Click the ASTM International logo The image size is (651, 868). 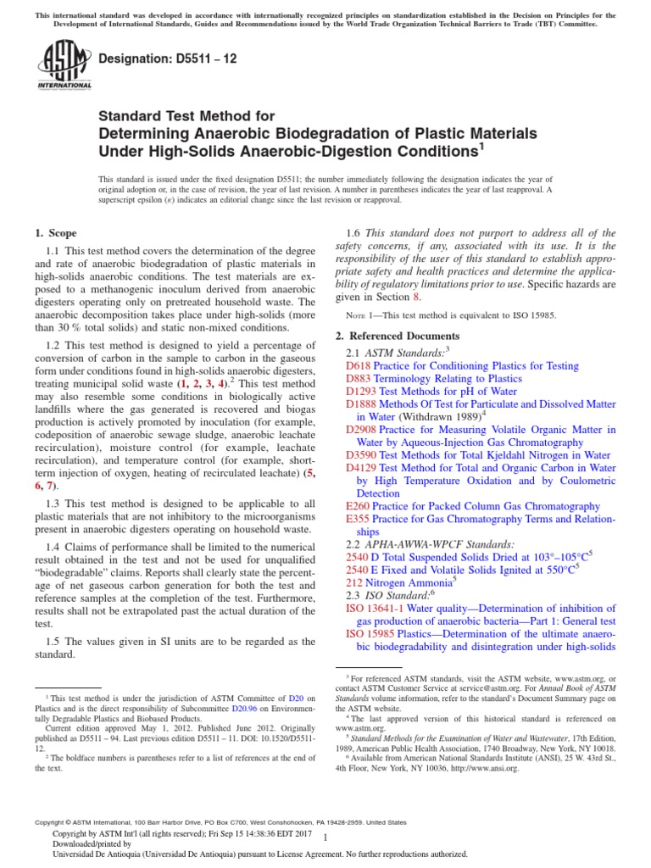(64, 65)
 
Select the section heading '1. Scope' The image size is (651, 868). (56, 233)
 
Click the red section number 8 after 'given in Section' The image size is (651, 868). (415, 298)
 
